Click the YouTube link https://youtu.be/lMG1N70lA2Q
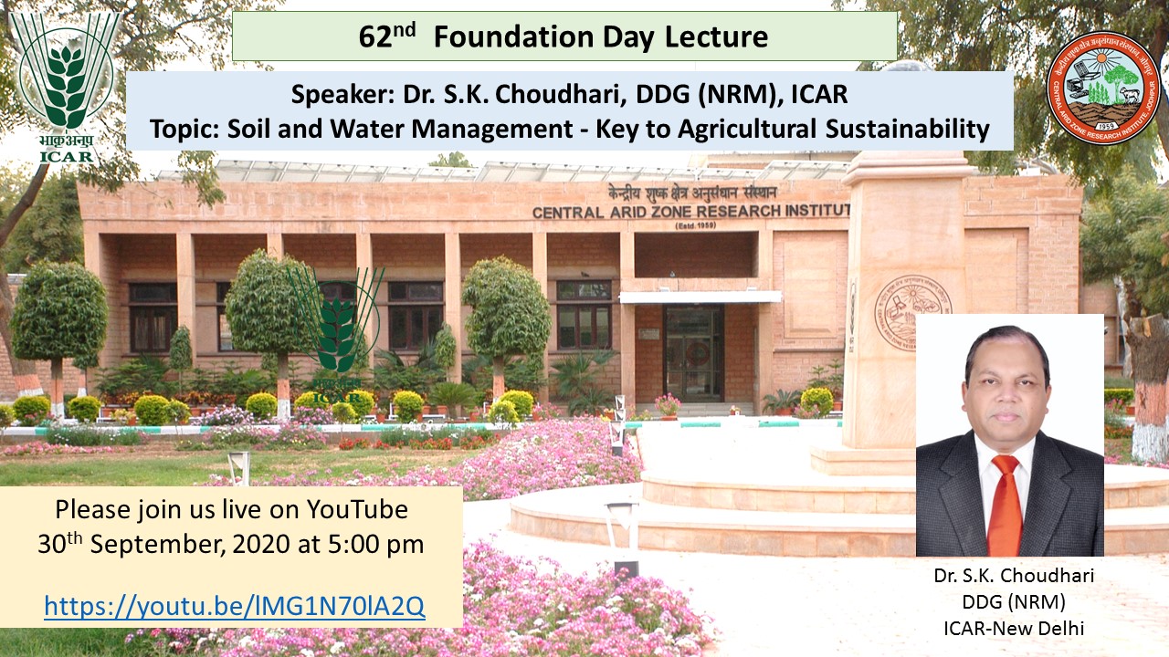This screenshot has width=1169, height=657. click(x=235, y=605)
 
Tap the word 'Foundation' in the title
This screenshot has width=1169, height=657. click(x=514, y=37)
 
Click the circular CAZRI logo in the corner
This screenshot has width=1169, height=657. click(x=1104, y=87)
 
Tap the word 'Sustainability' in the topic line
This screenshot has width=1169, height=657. click(x=908, y=129)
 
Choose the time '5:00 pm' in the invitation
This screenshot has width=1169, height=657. click(x=375, y=545)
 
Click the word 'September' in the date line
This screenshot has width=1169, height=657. click(x=159, y=546)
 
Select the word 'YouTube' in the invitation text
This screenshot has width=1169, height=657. click(x=357, y=509)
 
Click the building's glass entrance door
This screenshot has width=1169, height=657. click(x=693, y=353)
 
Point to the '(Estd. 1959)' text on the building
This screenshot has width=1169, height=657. click(x=696, y=225)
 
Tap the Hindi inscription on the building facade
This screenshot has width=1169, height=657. click(x=692, y=193)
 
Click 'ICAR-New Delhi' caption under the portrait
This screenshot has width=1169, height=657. click(x=1014, y=629)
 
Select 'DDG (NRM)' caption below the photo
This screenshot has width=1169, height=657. click(x=1014, y=601)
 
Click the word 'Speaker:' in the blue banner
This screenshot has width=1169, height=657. click(x=342, y=94)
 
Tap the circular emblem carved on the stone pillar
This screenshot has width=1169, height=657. click(x=911, y=313)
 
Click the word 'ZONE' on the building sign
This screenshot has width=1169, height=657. click(x=669, y=212)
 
